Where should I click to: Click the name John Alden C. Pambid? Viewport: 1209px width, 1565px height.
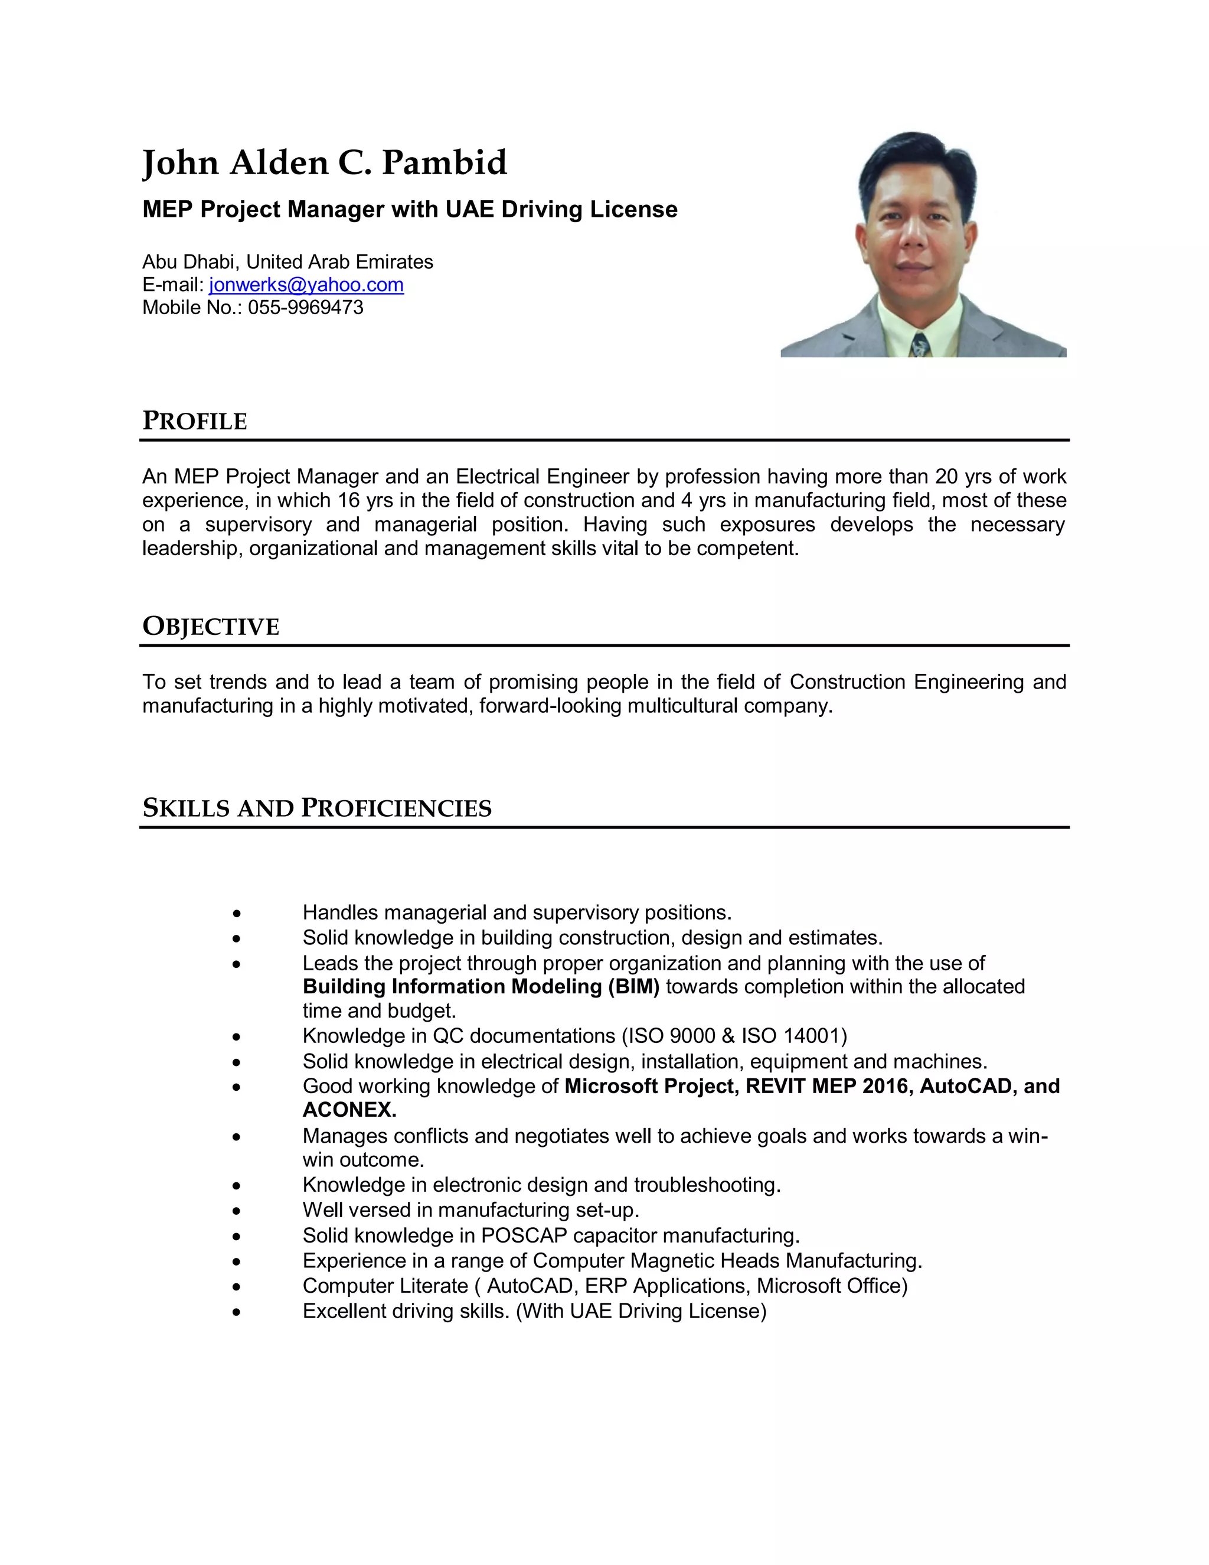tap(325, 164)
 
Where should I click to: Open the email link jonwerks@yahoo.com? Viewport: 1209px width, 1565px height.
tap(306, 285)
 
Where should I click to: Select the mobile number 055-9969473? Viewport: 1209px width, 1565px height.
tap(305, 308)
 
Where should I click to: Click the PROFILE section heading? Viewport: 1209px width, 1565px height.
tap(195, 420)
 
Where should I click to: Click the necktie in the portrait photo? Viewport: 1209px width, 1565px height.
tap(920, 345)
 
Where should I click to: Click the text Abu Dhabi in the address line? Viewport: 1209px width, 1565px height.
tap(188, 262)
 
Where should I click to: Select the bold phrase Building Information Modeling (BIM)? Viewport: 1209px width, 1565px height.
tap(481, 987)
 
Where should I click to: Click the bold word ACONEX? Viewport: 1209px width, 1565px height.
tap(349, 1110)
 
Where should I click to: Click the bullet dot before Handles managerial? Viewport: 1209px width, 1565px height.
tap(236, 914)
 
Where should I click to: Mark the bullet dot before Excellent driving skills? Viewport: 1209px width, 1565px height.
tap(236, 1312)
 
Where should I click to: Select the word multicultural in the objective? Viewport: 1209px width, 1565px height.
tap(682, 706)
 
